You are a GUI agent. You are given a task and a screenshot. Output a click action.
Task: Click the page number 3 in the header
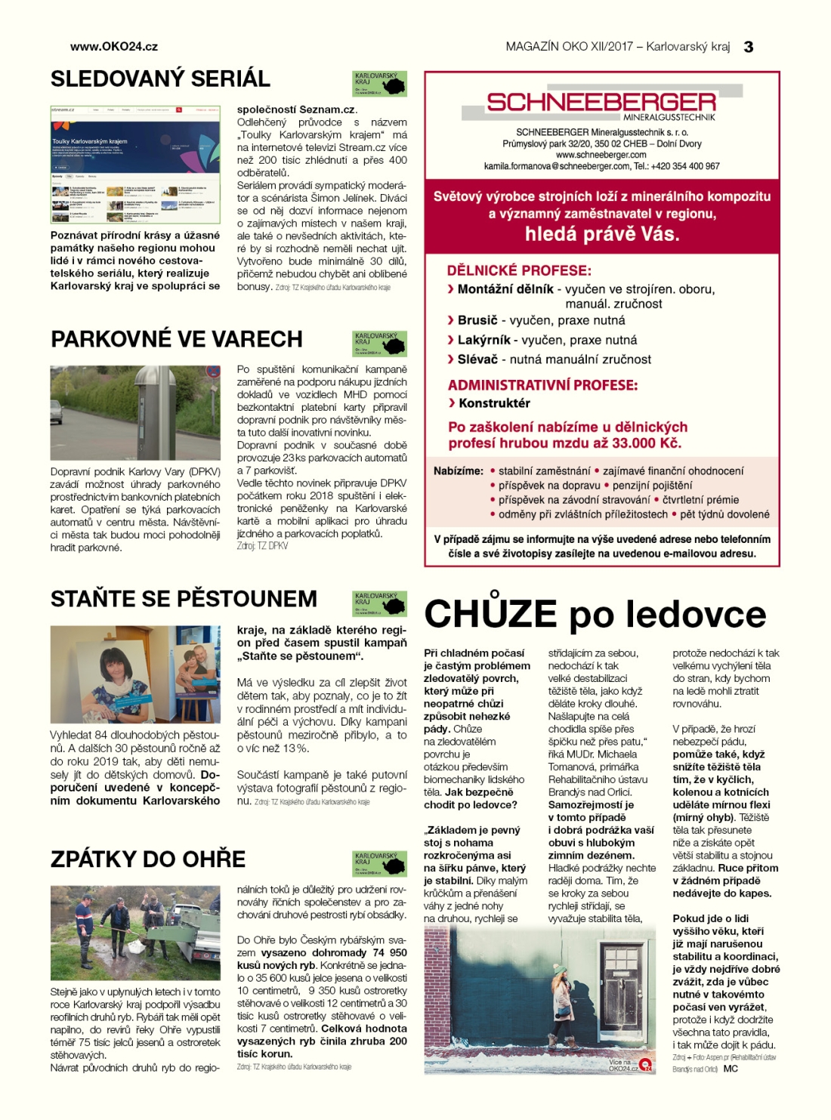(748, 47)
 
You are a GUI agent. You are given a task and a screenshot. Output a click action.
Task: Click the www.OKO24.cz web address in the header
(114, 47)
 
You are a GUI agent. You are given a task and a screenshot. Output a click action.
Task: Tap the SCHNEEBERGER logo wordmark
(601, 102)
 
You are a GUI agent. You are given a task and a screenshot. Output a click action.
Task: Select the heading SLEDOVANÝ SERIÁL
(160, 79)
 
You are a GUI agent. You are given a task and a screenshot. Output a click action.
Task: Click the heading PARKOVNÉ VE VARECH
(177, 339)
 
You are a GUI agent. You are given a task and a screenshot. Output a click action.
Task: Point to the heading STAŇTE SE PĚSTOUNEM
(184, 599)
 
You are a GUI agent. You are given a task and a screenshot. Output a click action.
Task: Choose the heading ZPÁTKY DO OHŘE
(148, 859)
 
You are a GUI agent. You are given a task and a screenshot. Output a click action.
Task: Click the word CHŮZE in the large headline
(490, 614)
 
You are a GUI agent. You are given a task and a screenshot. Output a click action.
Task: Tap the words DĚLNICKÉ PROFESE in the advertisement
(519, 270)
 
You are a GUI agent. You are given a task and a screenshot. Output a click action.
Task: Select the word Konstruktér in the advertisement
(494, 403)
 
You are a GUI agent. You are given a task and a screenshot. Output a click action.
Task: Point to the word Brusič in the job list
(477, 320)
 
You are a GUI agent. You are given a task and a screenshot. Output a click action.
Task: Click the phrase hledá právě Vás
(602, 234)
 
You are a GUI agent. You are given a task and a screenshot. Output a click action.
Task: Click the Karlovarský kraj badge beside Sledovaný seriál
(379, 84)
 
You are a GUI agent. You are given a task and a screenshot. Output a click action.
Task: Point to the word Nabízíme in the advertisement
(458, 471)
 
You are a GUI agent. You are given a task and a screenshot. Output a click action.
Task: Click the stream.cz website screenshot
(135, 163)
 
